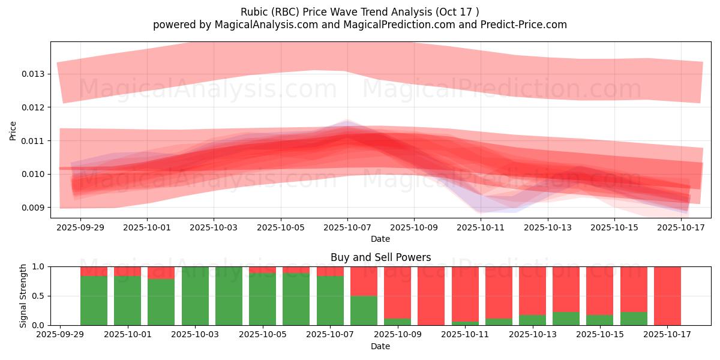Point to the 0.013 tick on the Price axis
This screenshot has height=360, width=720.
(34, 74)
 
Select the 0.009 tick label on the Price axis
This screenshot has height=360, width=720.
(34, 208)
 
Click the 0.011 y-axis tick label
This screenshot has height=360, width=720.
(34, 140)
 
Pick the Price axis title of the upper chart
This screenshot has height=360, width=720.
(13, 130)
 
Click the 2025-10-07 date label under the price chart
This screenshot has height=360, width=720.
(347, 228)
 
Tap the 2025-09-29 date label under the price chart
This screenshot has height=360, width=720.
(80, 228)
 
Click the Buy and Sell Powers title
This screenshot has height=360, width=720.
(380, 257)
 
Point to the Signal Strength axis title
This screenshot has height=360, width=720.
(23, 295)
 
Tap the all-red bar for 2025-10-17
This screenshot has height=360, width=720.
(667, 296)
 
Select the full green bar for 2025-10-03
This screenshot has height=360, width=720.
(195, 296)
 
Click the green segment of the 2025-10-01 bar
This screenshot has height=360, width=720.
(127, 301)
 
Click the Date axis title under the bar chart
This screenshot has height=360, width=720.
(380, 346)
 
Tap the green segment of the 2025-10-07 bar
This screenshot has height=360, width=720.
(330, 301)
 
